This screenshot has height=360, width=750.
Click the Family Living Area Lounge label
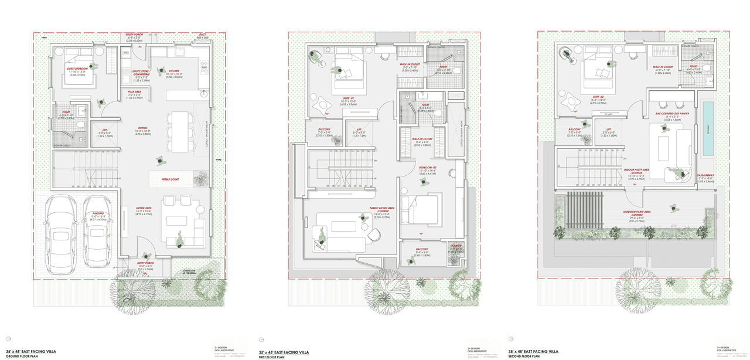tap(381, 210)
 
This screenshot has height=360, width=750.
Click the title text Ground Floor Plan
tap(22, 356)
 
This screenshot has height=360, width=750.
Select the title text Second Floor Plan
tap(526, 356)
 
